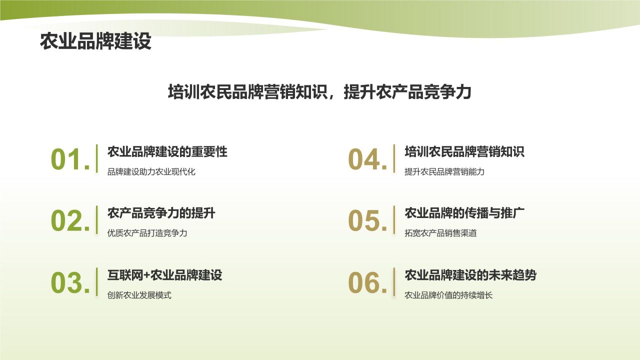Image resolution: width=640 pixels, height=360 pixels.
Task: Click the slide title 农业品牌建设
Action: click(95, 42)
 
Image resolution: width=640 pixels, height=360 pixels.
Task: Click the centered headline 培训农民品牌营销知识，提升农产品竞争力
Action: click(319, 92)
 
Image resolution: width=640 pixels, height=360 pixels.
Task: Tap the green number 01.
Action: click(70, 160)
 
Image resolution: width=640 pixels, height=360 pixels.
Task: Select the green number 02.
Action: click(70, 221)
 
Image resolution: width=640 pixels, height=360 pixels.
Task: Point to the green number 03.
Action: click(70, 283)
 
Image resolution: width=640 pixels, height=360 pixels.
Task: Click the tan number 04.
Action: click(367, 160)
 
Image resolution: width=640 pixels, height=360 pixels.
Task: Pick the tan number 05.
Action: click(367, 221)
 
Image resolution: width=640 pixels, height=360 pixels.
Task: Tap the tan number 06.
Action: click(367, 283)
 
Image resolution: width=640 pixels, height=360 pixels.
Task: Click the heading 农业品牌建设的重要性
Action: click(167, 151)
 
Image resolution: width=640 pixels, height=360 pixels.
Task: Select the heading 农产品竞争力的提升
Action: click(161, 213)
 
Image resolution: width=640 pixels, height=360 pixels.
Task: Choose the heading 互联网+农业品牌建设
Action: click(165, 274)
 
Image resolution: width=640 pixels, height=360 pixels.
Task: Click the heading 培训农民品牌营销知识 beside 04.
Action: click(464, 151)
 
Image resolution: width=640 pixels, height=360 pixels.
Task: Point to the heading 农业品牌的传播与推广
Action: click(464, 213)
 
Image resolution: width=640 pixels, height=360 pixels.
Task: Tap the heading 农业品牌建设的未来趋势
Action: click(470, 274)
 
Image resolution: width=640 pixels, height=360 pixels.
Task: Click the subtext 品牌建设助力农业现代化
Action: click(151, 172)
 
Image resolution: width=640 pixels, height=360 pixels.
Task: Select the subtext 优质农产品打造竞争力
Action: click(147, 233)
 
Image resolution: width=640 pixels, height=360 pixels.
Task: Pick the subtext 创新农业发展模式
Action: click(139, 295)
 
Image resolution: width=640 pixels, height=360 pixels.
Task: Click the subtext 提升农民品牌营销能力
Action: click(444, 172)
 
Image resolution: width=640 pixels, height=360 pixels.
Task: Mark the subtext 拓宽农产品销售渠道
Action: click(440, 233)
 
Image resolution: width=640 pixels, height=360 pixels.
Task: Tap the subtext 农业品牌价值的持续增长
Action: click(448, 295)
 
